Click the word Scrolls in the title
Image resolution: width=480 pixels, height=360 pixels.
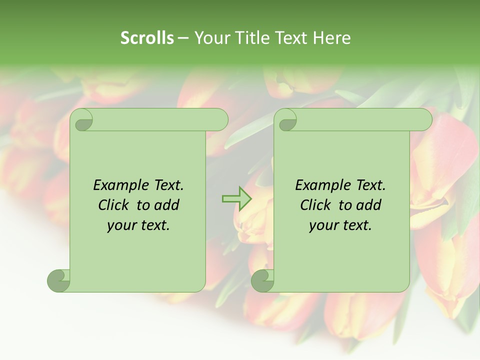(x=147, y=38)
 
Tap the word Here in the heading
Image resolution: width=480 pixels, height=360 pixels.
(x=332, y=38)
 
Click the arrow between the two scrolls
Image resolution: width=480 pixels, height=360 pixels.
(x=236, y=199)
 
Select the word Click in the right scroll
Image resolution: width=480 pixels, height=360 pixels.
(x=315, y=205)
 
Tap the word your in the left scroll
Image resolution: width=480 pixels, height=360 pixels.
(x=119, y=225)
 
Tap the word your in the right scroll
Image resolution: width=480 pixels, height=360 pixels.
(x=321, y=225)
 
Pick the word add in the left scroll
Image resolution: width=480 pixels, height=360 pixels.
(x=167, y=205)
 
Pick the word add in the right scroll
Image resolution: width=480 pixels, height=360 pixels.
(x=369, y=205)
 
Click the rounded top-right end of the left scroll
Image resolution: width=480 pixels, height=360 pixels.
(x=220, y=120)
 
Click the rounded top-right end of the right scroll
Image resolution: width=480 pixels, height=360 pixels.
(x=424, y=120)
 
